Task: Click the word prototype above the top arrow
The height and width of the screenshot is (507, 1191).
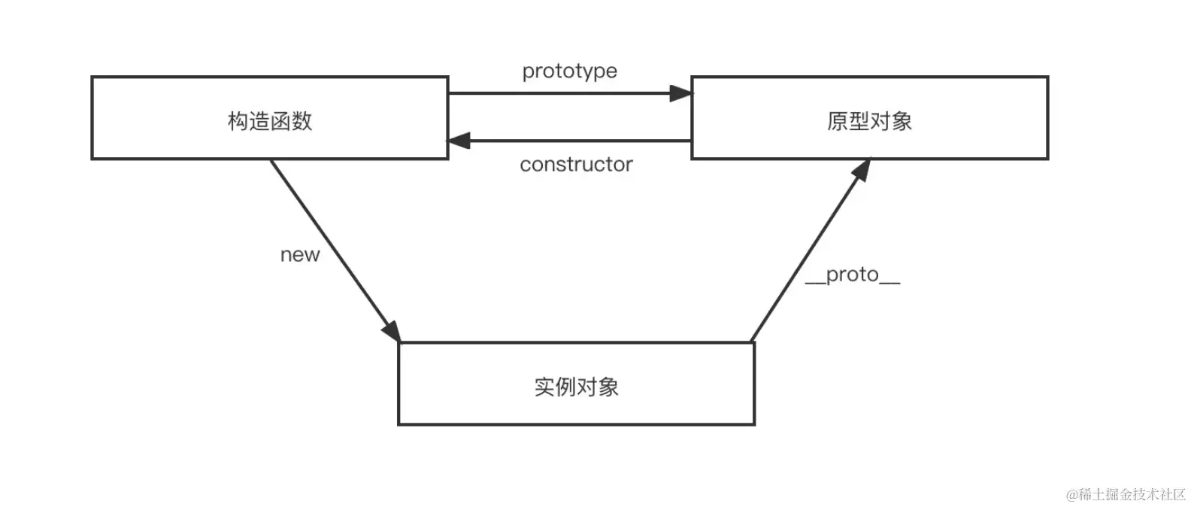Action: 569,71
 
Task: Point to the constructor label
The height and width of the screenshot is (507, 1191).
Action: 576,164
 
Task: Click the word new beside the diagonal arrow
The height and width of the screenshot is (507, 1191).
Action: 299,255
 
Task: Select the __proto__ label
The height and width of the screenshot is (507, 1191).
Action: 852,275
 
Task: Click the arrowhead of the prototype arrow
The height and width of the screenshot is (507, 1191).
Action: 681,93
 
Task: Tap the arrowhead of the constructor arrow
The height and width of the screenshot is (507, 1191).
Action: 459,141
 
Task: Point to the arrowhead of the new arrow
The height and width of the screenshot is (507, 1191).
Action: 392,332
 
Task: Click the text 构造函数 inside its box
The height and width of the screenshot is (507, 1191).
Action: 269,121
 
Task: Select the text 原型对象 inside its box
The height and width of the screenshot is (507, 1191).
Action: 869,121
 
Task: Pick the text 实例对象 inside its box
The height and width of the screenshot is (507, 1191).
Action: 576,387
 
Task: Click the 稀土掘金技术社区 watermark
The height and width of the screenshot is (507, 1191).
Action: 1132,494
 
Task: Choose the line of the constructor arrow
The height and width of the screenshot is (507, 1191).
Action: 579,141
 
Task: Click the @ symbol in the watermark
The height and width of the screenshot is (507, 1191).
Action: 1072,494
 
